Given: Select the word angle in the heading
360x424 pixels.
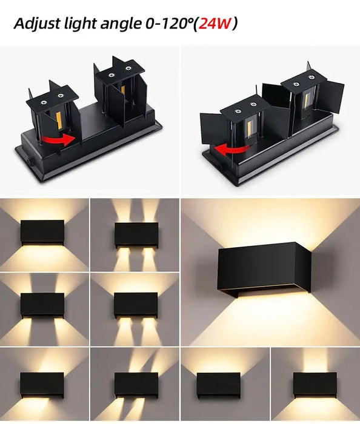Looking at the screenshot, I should coord(123,24).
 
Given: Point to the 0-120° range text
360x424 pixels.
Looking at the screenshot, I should coord(169,24).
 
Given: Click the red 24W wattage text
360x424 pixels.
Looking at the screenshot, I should coord(215,24).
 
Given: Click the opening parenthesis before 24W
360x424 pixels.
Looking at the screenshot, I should coord(195,24).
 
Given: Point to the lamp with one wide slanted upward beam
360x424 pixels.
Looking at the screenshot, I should coord(42,383).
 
